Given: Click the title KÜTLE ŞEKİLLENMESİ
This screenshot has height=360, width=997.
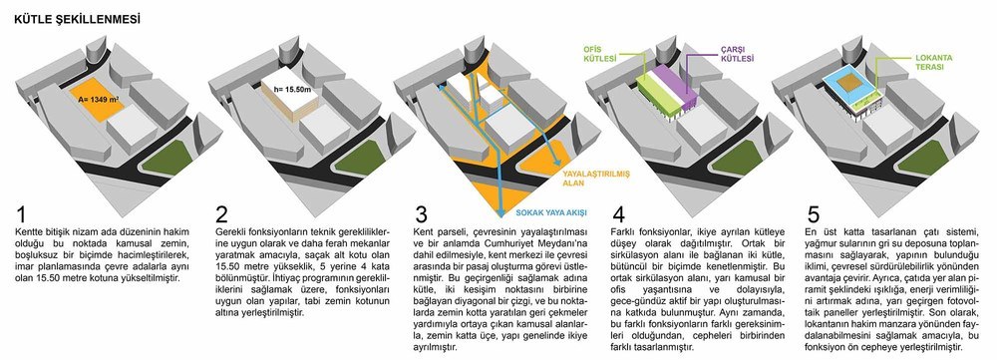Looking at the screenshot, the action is coord(77,20).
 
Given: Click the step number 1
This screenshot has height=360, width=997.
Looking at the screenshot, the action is coord(21,214).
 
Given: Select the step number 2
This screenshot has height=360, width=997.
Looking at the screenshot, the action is coord(221,214).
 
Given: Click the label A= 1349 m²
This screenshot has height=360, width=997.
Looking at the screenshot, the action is coord(98,100).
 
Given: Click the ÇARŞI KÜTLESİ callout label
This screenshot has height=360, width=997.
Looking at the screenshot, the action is coord(737,54).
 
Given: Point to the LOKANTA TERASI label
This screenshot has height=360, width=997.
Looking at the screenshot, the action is coord(933,62).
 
